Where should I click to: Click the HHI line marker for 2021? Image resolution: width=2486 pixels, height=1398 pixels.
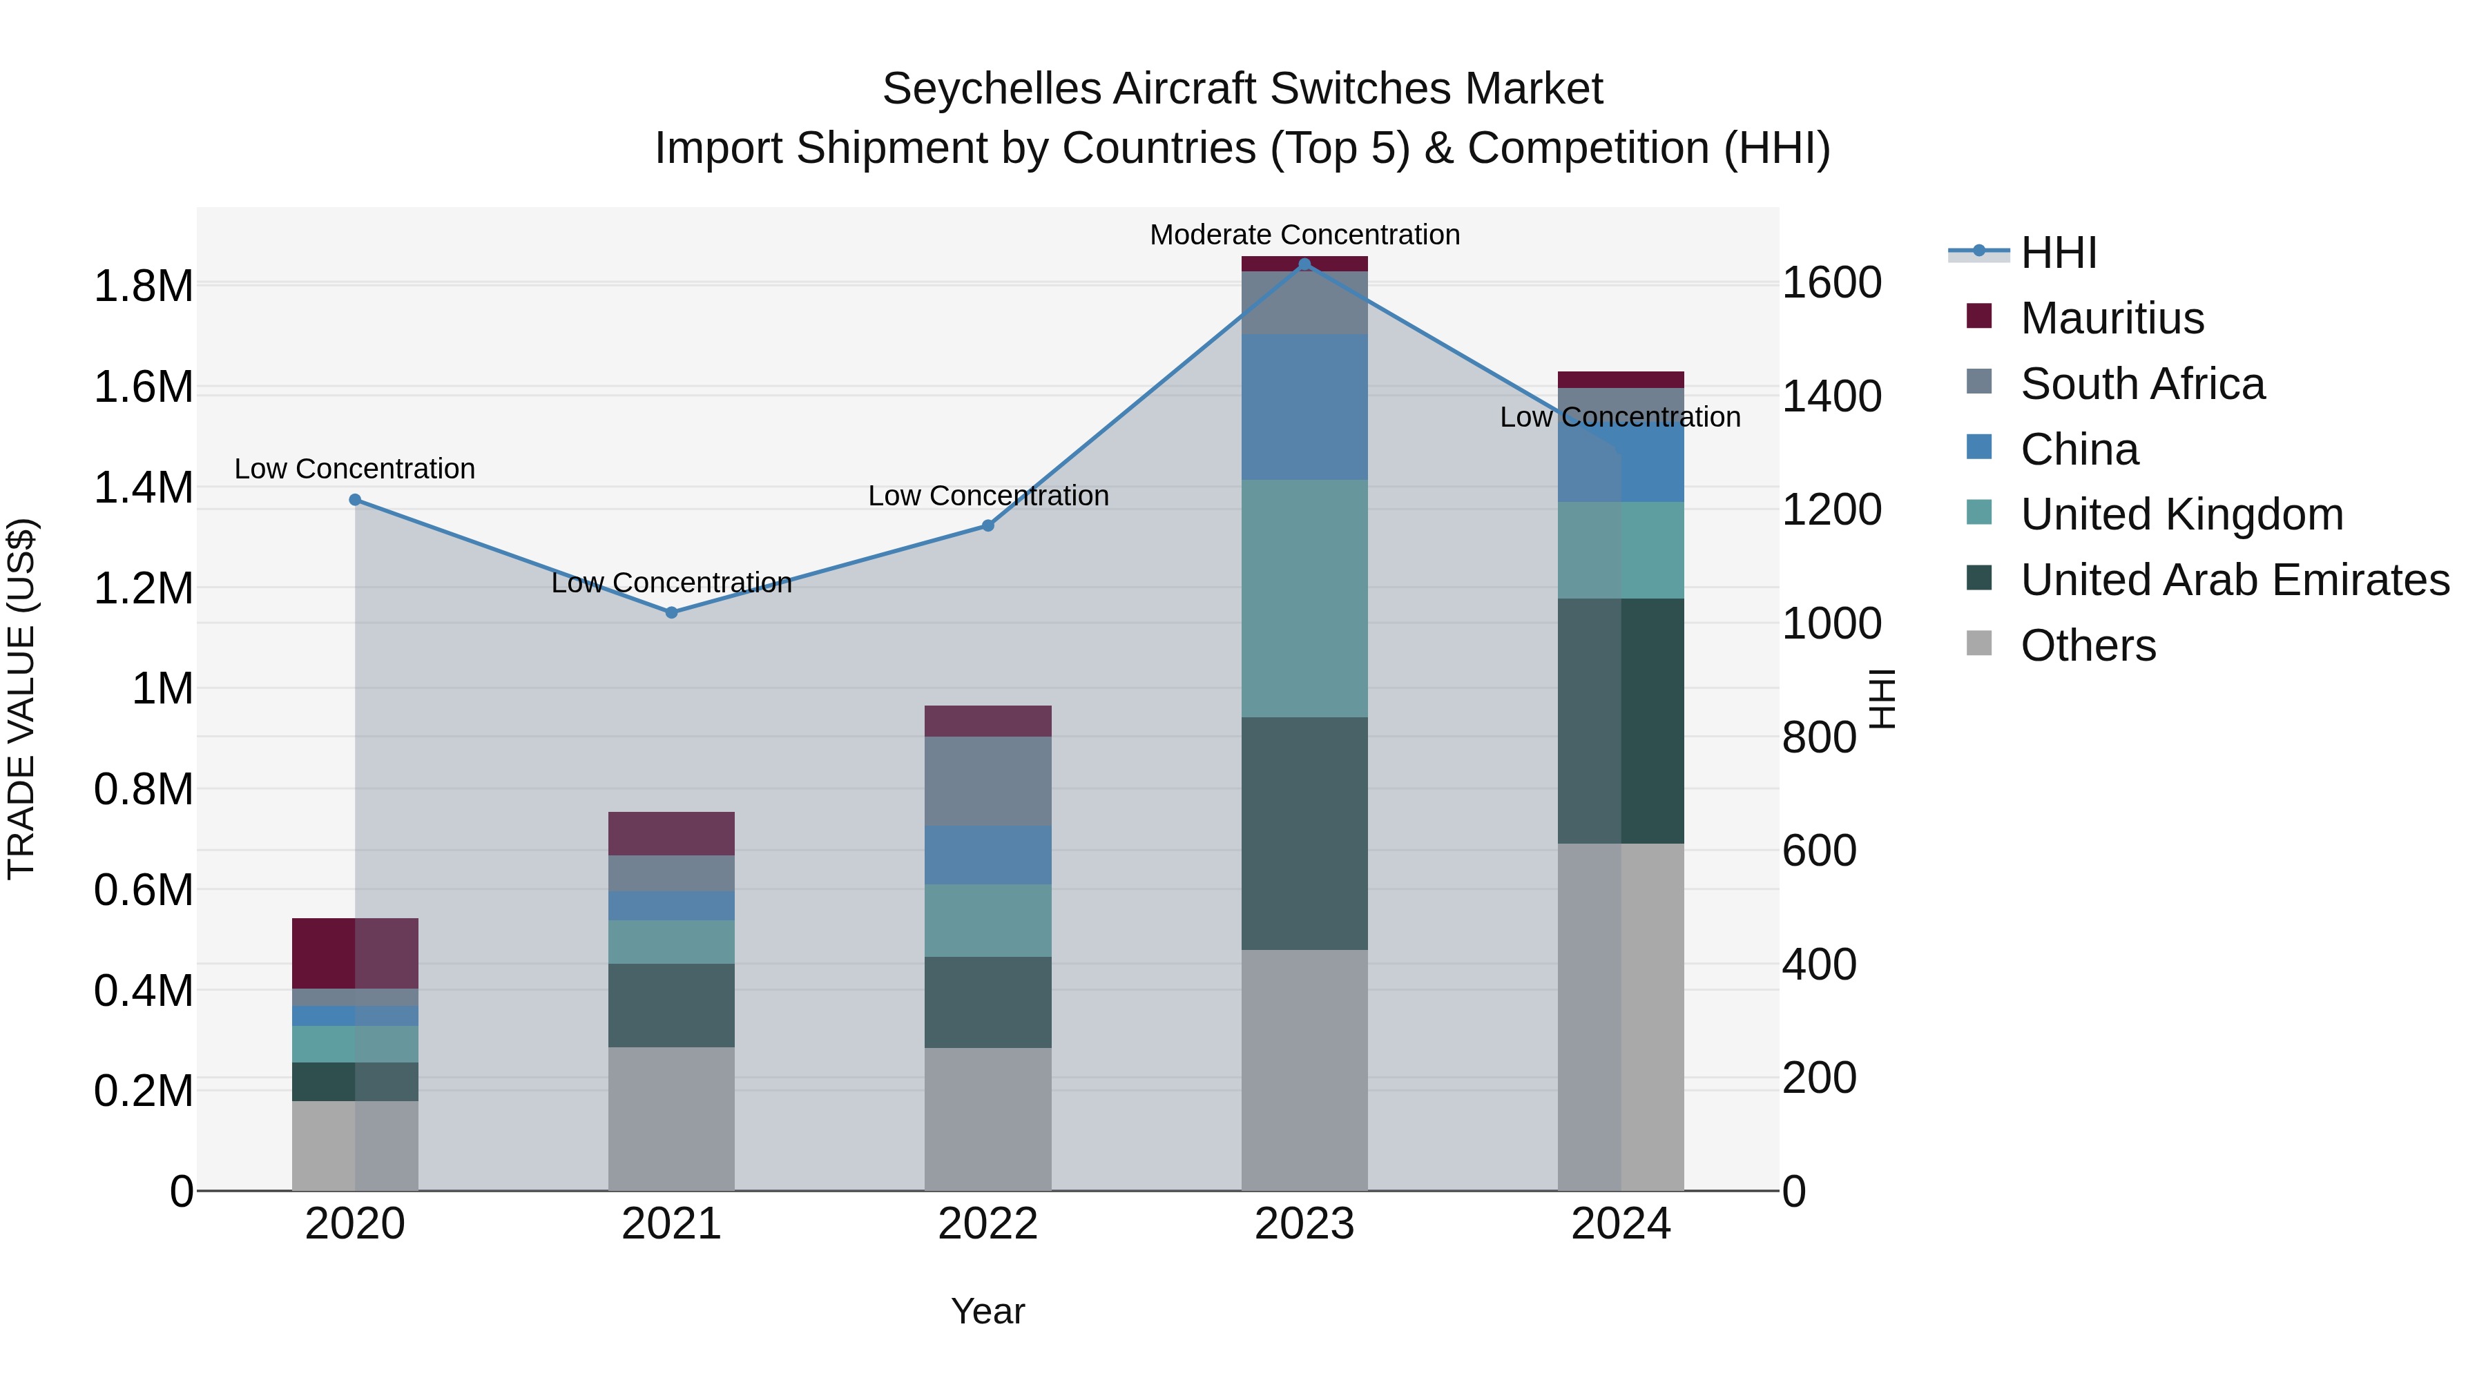click(672, 612)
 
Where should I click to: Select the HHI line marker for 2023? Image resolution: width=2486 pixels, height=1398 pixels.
click(1304, 264)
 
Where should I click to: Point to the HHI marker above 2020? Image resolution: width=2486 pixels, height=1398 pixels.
click(355, 500)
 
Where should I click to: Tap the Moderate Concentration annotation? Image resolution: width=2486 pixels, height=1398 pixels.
click(1304, 235)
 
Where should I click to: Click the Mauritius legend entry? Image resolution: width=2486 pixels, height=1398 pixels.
click(2112, 318)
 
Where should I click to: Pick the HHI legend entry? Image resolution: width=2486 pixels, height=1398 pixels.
click(2058, 253)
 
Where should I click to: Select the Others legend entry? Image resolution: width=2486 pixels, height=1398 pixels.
click(2088, 645)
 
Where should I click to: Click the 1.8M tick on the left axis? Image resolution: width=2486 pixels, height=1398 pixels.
click(143, 287)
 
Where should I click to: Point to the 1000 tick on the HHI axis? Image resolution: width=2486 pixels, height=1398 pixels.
click(1831, 623)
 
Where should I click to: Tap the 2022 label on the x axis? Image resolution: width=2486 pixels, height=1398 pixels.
click(987, 1223)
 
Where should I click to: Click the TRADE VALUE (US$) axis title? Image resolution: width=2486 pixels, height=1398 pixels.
click(21, 699)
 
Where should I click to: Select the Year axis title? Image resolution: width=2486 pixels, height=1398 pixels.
click(987, 1311)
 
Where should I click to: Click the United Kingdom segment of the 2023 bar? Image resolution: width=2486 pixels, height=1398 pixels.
click(1304, 598)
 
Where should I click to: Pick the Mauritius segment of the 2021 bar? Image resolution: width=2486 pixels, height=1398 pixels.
click(672, 833)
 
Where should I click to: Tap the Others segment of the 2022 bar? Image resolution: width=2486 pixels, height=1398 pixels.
click(987, 1119)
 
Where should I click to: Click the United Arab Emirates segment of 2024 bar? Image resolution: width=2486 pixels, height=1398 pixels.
click(1621, 721)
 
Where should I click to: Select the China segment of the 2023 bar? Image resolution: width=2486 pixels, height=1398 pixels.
click(1304, 407)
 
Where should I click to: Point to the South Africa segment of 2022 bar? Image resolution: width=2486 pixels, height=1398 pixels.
click(987, 781)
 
